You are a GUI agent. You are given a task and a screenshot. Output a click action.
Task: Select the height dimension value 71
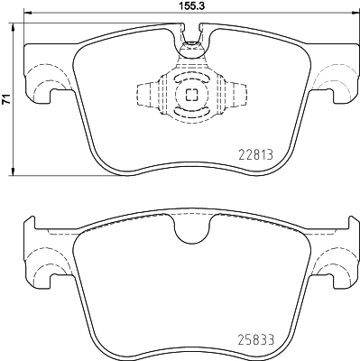pos(6,102)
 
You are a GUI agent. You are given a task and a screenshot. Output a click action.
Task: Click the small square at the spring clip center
pos(190,95)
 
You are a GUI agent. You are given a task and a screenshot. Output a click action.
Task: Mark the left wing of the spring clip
pos(147,95)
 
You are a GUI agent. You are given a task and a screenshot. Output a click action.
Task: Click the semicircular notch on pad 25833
pos(190,233)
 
